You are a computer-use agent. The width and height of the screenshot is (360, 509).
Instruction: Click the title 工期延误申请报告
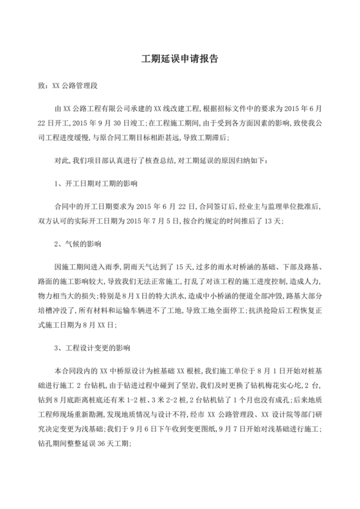click(179, 58)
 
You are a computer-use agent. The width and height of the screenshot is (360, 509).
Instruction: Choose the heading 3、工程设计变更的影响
click(93, 348)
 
